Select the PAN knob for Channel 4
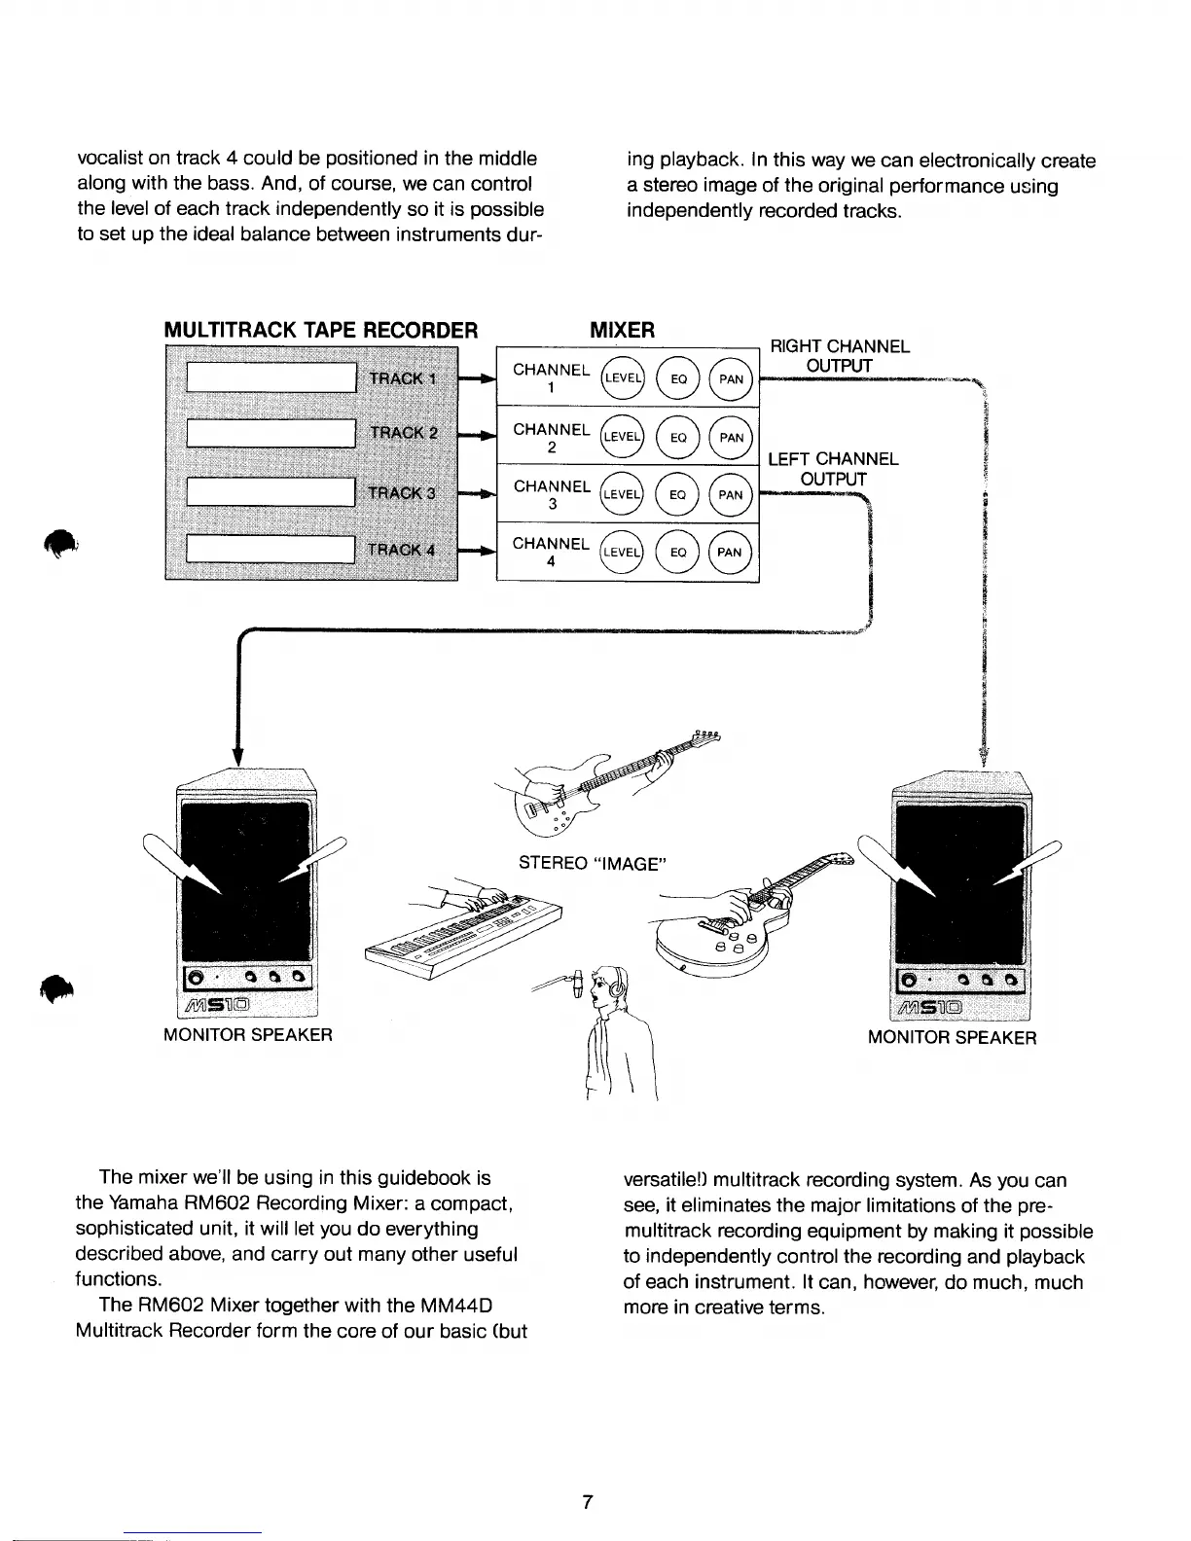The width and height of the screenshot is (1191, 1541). [x=730, y=553]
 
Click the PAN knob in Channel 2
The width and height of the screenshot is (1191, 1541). [x=732, y=437]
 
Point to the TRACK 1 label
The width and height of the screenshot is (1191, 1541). [x=402, y=378]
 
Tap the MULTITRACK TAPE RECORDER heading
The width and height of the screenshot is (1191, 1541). [x=320, y=329]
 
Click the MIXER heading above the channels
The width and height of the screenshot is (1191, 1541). [x=623, y=329]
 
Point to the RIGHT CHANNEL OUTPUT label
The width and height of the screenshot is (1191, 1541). [x=840, y=355]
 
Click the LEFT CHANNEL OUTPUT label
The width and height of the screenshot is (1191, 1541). [x=833, y=468]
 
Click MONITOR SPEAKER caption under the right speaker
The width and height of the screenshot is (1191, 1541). [x=952, y=1037]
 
